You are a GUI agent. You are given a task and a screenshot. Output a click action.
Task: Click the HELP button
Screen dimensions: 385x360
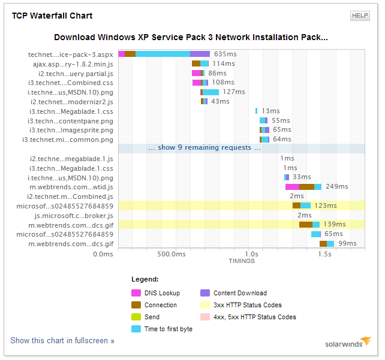point(360,16)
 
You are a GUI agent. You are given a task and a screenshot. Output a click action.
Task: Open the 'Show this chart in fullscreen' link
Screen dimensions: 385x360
point(62,340)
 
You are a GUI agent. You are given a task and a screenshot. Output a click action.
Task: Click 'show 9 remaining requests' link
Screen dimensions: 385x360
point(204,147)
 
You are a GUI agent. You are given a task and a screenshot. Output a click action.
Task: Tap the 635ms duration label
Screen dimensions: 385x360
point(225,54)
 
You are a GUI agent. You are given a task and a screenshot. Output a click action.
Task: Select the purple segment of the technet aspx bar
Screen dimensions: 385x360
point(200,54)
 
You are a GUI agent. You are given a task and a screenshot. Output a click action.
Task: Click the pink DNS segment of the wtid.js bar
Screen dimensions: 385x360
point(292,187)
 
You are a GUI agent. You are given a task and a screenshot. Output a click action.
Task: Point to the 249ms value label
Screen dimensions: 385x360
point(337,186)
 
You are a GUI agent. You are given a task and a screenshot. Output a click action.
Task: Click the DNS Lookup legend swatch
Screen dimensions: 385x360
point(136,293)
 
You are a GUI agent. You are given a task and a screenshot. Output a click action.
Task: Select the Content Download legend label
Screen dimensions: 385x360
point(240,293)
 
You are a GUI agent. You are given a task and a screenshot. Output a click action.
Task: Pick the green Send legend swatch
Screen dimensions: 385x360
point(136,317)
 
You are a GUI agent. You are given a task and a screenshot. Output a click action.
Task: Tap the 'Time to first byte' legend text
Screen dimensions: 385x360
point(169,329)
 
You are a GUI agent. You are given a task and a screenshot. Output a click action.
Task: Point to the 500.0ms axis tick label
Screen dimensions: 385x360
point(172,254)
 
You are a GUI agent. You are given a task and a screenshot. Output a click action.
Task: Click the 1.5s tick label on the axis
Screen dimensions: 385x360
point(324,254)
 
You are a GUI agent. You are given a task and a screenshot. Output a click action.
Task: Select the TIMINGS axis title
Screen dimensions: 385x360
point(242,261)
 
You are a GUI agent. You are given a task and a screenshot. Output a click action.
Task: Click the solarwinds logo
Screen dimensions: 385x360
point(348,342)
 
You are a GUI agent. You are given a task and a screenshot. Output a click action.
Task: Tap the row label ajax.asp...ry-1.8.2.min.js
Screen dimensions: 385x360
point(73,64)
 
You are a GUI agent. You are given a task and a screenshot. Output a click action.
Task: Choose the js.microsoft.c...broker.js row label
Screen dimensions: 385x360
point(74,216)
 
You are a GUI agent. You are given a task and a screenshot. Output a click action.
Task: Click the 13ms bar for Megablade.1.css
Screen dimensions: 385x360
point(256,111)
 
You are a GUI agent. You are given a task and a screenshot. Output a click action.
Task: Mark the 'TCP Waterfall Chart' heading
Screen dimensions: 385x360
point(52,16)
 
